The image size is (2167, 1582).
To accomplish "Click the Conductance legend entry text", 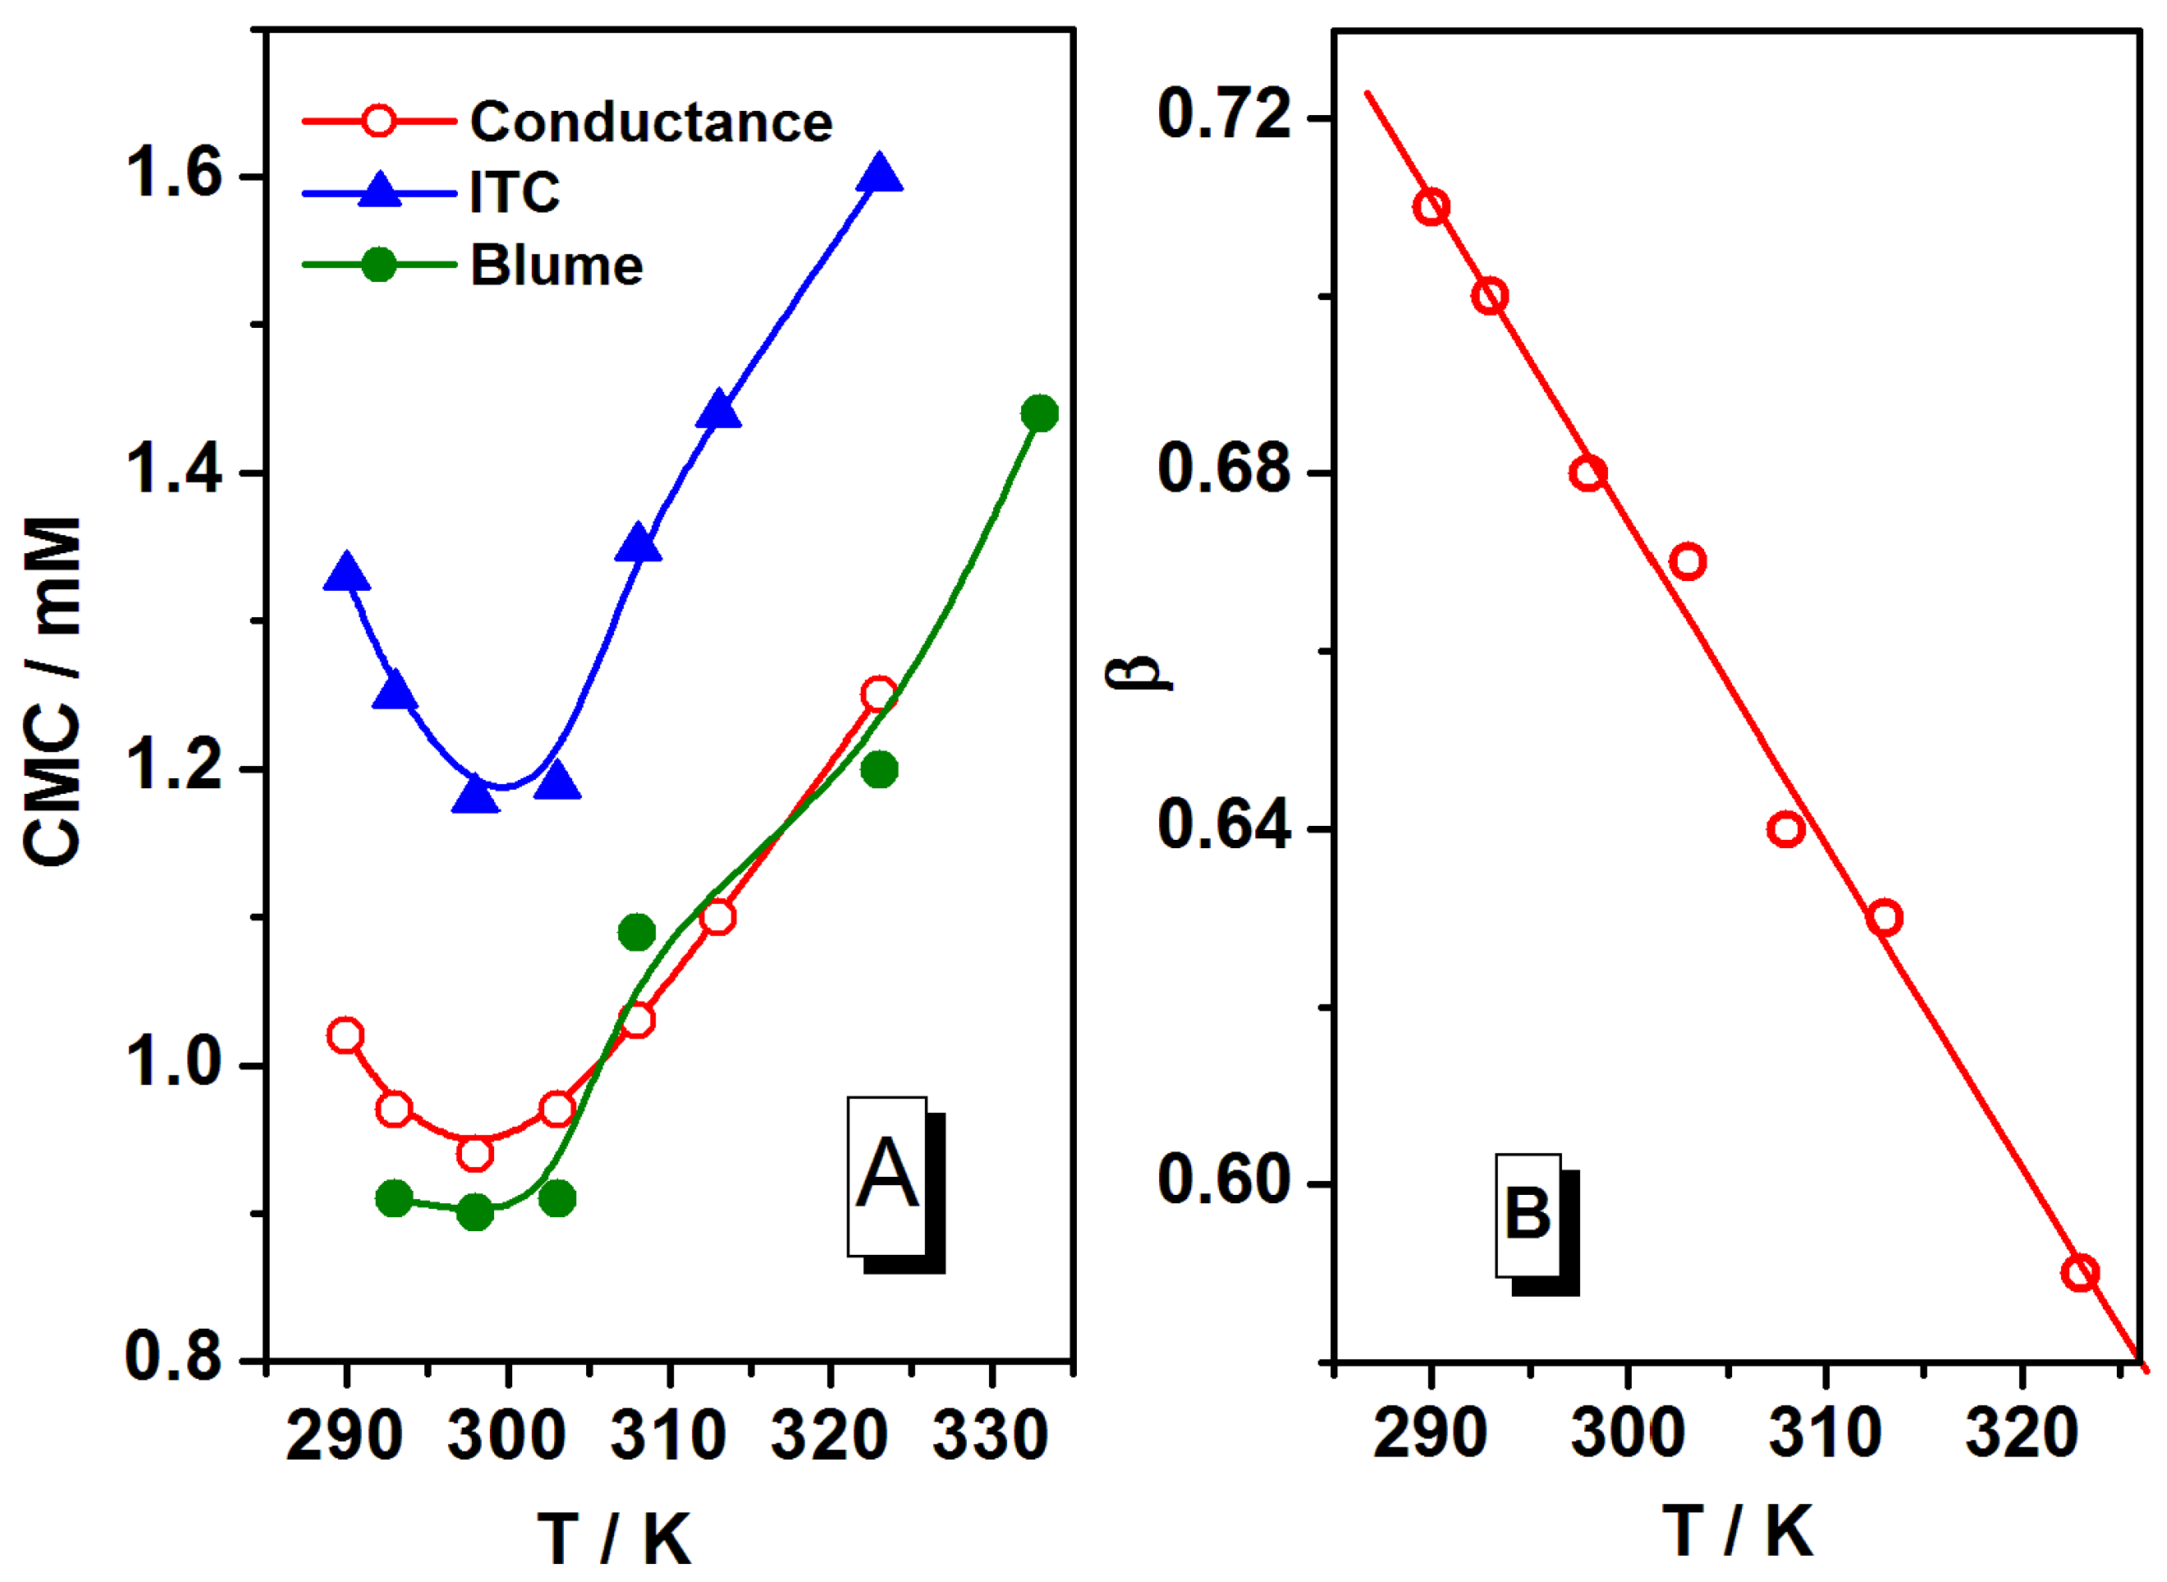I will [x=650, y=122].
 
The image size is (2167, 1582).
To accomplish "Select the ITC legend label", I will [x=515, y=192].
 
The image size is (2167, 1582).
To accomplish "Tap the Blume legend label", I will [x=556, y=265].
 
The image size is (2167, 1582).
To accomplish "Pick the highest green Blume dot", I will [x=1038, y=413].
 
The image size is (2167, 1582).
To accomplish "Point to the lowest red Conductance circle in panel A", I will [x=475, y=1154].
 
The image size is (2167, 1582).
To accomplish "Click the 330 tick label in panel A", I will [x=990, y=1437].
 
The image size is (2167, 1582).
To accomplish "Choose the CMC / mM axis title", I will [x=53, y=690].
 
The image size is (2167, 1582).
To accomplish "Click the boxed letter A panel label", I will [x=887, y=1175].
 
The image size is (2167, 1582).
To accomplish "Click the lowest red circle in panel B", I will [x=2079, y=1274].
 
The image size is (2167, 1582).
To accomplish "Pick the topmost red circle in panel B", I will [x=1431, y=207].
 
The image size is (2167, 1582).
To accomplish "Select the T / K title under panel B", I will [x=1736, y=1530].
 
